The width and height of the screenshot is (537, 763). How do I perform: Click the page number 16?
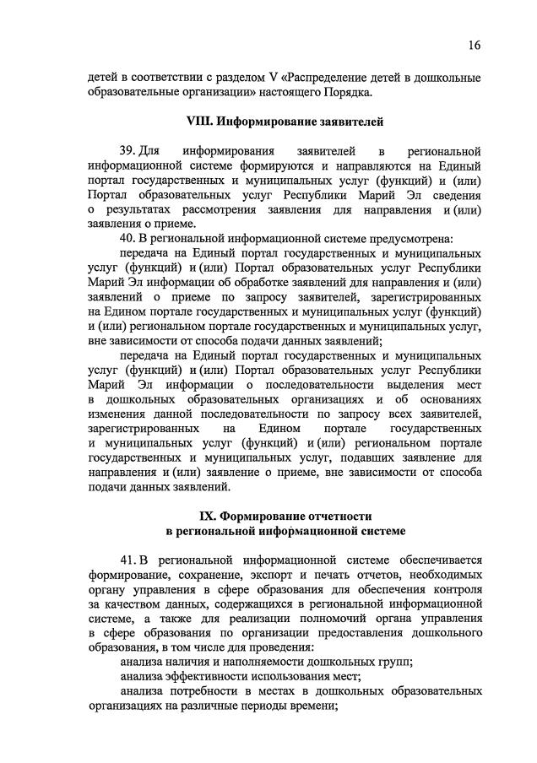click(x=475, y=44)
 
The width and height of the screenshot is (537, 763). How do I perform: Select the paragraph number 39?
click(x=127, y=150)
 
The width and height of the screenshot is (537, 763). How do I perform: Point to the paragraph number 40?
click(x=128, y=239)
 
